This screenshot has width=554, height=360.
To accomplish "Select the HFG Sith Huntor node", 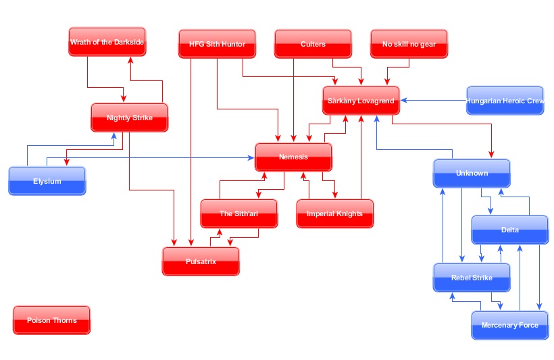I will point(217,45).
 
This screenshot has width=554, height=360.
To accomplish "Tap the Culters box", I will point(313,45).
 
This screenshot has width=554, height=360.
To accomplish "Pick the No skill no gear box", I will point(409,45).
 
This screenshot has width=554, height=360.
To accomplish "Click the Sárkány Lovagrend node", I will point(361,101).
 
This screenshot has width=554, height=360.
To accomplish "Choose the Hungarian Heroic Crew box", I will point(505,101).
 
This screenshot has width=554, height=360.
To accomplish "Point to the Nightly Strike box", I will point(129,118).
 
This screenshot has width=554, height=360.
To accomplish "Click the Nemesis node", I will point(293,157).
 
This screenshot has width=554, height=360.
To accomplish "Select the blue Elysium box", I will point(47,181).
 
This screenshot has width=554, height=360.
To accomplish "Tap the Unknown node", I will point(472,174).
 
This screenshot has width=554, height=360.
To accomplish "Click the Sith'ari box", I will point(239,214).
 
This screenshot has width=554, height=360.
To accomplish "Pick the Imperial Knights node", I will point(334,214).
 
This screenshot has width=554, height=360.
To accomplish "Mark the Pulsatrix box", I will point(201,261).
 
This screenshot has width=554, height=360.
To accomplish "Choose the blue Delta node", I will point(510,230).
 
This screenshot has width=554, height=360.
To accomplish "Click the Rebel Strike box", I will point(472,278).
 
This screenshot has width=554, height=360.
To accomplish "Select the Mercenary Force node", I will point(510,326).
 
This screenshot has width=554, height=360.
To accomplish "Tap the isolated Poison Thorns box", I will point(52,320).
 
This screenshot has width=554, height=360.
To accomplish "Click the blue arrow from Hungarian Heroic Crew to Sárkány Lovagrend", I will point(432,101).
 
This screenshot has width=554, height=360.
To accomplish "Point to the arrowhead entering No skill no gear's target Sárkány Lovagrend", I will point(386,82).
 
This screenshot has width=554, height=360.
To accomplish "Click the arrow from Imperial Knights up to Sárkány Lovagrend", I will point(361,162).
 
